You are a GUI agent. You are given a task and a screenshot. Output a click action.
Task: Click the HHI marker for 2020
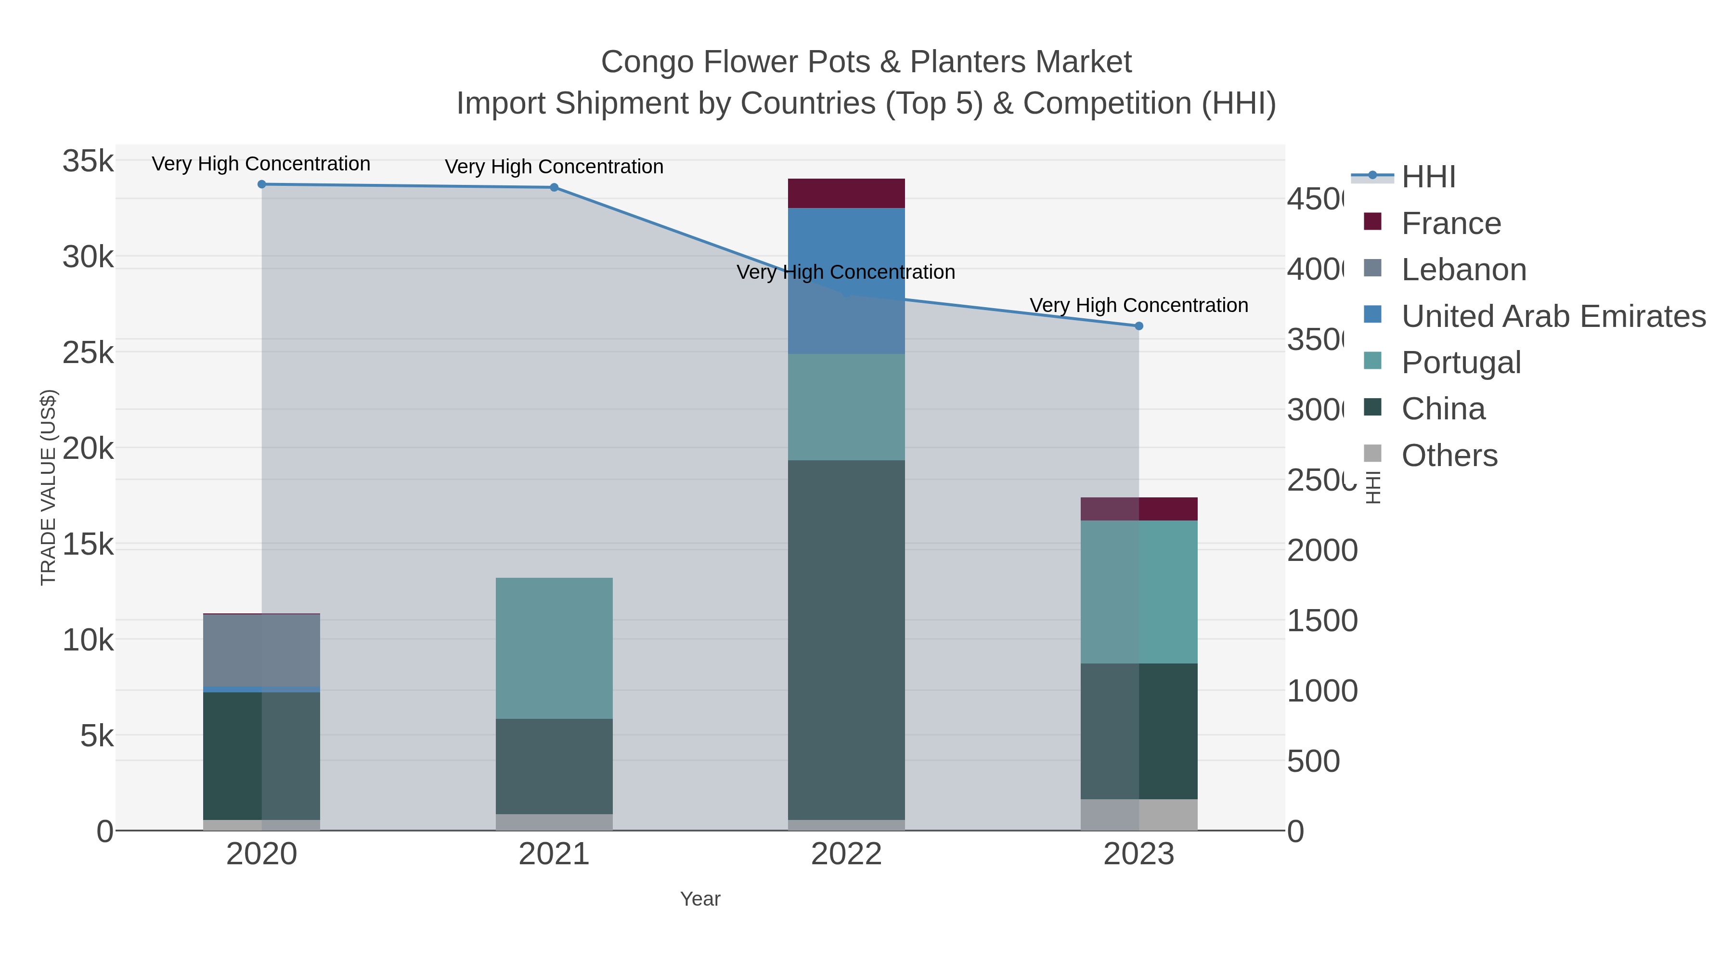pyautogui.click(x=262, y=184)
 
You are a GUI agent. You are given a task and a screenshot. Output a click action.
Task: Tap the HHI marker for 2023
pyautogui.click(x=1139, y=326)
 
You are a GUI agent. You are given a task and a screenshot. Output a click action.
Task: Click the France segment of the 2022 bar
pyautogui.click(x=846, y=194)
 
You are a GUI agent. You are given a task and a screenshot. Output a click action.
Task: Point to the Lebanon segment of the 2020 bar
pyautogui.click(x=262, y=650)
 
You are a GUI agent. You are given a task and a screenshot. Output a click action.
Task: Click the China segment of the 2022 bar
pyautogui.click(x=846, y=639)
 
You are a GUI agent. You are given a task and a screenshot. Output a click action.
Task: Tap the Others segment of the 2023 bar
pyautogui.click(x=1139, y=815)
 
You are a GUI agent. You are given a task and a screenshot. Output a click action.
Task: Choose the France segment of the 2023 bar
pyautogui.click(x=1139, y=509)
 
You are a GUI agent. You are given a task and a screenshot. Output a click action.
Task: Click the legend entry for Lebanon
pyautogui.click(x=1464, y=270)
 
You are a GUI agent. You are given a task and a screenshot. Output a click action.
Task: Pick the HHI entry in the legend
pyautogui.click(x=1428, y=177)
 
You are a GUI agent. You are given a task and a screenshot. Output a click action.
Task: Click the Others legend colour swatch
pyautogui.click(x=1372, y=454)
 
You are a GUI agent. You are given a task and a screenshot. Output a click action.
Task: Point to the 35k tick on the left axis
pyautogui.click(x=88, y=161)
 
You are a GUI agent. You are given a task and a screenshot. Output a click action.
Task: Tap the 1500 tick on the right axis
pyautogui.click(x=1322, y=621)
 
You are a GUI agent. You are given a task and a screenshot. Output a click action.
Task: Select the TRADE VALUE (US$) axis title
pyautogui.click(x=49, y=487)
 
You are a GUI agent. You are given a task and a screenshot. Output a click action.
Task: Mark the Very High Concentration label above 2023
pyautogui.click(x=1139, y=305)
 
